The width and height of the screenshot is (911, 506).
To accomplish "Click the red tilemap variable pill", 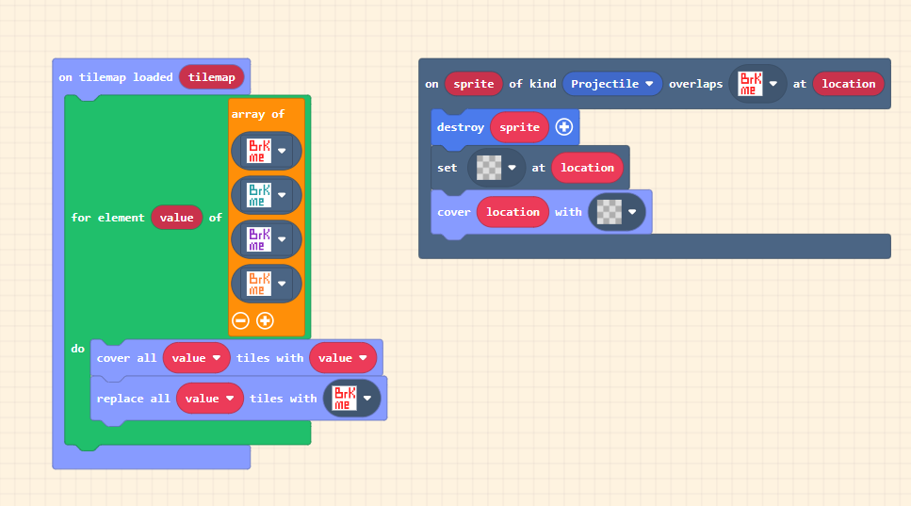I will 212,77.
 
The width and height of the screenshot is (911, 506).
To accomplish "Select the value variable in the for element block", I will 176,218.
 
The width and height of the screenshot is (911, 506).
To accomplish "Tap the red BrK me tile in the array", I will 257,151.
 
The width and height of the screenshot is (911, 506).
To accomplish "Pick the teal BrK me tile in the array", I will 257,195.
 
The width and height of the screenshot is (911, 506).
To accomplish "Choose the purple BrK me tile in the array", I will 257,238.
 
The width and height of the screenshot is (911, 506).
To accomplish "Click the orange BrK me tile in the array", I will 257,284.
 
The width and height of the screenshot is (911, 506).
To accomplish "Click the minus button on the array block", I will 240,320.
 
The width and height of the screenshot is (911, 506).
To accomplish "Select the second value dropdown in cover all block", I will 343,358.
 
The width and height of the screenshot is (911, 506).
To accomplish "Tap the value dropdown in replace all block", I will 210,399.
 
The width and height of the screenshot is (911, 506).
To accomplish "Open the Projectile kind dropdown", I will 612,84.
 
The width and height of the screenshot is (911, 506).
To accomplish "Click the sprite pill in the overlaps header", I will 474,84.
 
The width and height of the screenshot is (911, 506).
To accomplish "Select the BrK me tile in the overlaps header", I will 750,84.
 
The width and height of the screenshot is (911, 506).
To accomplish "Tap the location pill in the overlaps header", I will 848,84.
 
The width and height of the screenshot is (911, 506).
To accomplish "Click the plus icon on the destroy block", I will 564,127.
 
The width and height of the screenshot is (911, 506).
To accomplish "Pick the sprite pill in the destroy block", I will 519,127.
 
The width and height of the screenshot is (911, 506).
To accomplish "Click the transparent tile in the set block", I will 489,168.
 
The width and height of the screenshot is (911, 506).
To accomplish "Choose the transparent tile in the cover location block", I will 610,212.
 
